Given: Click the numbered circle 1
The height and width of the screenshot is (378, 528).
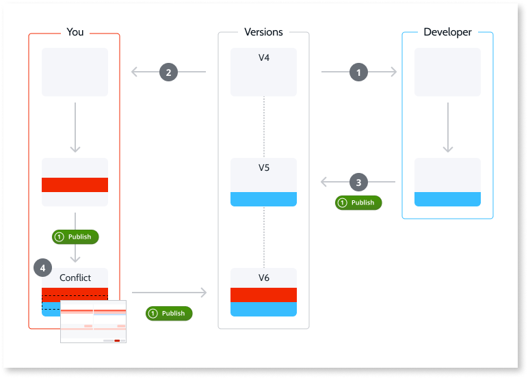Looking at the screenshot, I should (359, 72).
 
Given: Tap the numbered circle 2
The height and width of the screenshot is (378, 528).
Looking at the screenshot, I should (168, 72).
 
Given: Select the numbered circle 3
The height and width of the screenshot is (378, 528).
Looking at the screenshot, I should (359, 183).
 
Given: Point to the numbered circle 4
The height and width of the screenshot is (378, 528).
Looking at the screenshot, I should (43, 269).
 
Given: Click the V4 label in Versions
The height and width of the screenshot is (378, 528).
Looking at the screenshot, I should (263, 58).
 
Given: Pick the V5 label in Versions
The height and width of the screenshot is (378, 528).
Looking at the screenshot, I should (263, 167).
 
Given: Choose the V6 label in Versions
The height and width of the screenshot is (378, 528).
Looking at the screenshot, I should (263, 278).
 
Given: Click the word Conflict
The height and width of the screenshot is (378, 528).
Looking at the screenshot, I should (75, 278).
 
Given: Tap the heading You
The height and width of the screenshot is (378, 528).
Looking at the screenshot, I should (75, 32).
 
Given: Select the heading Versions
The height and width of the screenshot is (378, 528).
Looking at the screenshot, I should (263, 32).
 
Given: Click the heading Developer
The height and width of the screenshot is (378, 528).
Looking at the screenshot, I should (447, 32).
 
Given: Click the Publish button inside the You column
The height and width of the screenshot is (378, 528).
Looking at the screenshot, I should (76, 237).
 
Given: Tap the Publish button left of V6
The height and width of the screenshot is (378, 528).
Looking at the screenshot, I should (170, 313).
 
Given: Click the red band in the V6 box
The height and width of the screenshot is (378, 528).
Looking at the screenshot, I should (263, 295).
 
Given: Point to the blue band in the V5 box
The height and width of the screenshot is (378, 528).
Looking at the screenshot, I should (263, 199).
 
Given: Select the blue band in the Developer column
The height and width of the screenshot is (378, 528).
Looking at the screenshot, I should (447, 199).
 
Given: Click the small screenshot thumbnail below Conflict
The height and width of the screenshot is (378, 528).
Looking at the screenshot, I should (94, 321).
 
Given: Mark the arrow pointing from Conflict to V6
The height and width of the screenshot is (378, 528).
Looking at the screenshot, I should (169, 293).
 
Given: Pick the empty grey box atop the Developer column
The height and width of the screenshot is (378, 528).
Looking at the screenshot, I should (447, 72).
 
